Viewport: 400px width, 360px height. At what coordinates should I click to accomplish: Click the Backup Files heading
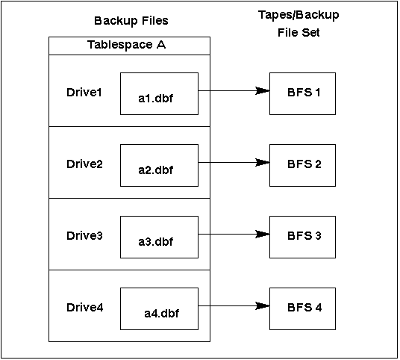click(x=131, y=21)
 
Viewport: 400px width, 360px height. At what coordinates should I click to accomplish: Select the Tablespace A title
click(x=127, y=45)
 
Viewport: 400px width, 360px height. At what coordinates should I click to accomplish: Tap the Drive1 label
click(x=84, y=92)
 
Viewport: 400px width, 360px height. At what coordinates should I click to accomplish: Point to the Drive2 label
click(x=84, y=164)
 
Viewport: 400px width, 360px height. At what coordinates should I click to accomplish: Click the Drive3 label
click(x=84, y=236)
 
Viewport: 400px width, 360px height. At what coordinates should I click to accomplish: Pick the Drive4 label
click(x=84, y=308)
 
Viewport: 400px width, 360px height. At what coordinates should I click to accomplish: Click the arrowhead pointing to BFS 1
click(x=262, y=90)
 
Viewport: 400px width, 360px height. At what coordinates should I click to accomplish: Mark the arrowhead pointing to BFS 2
click(x=262, y=162)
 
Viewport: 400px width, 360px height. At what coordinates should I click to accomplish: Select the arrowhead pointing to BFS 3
click(x=262, y=234)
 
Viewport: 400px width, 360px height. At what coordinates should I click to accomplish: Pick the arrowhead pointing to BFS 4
click(x=262, y=306)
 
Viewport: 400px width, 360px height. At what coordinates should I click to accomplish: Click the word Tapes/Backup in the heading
click(x=299, y=15)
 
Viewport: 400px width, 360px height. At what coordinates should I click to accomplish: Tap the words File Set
click(x=299, y=33)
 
